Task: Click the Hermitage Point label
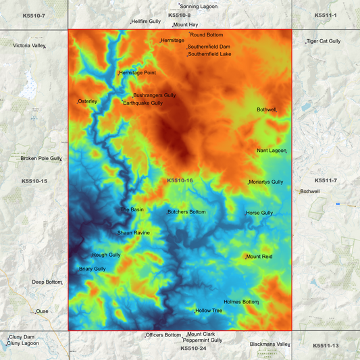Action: pyautogui.click(x=138, y=72)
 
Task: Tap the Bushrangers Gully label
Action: pyautogui.click(x=155, y=96)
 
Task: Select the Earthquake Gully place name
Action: pyautogui.click(x=143, y=103)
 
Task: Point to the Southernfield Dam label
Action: pyautogui.click(x=209, y=47)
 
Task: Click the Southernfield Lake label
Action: pyautogui.click(x=209, y=54)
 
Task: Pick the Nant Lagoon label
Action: pyautogui.click(x=272, y=151)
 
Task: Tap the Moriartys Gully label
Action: pyautogui.click(x=266, y=182)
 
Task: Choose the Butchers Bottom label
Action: pyautogui.click(x=186, y=212)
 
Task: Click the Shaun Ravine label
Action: pyautogui.click(x=134, y=233)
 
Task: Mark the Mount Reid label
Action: pyautogui.click(x=259, y=257)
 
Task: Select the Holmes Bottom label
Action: pyautogui.click(x=241, y=302)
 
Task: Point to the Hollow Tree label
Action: pyautogui.click(x=209, y=311)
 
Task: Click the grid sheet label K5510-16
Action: pyautogui.click(x=180, y=180)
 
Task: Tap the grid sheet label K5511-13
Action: pyautogui.click(x=326, y=346)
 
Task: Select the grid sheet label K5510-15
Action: pyautogui.click(x=34, y=181)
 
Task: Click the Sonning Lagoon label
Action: pyautogui.click(x=199, y=6)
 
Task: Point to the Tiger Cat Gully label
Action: pyautogui.click(x=324, y=41)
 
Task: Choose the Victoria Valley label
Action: pyautogui.click(x=29, y=45)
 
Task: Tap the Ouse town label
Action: pyautogui.click(x=43, y=311)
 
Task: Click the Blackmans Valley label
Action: pyautogui.click(x=269, y=344)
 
